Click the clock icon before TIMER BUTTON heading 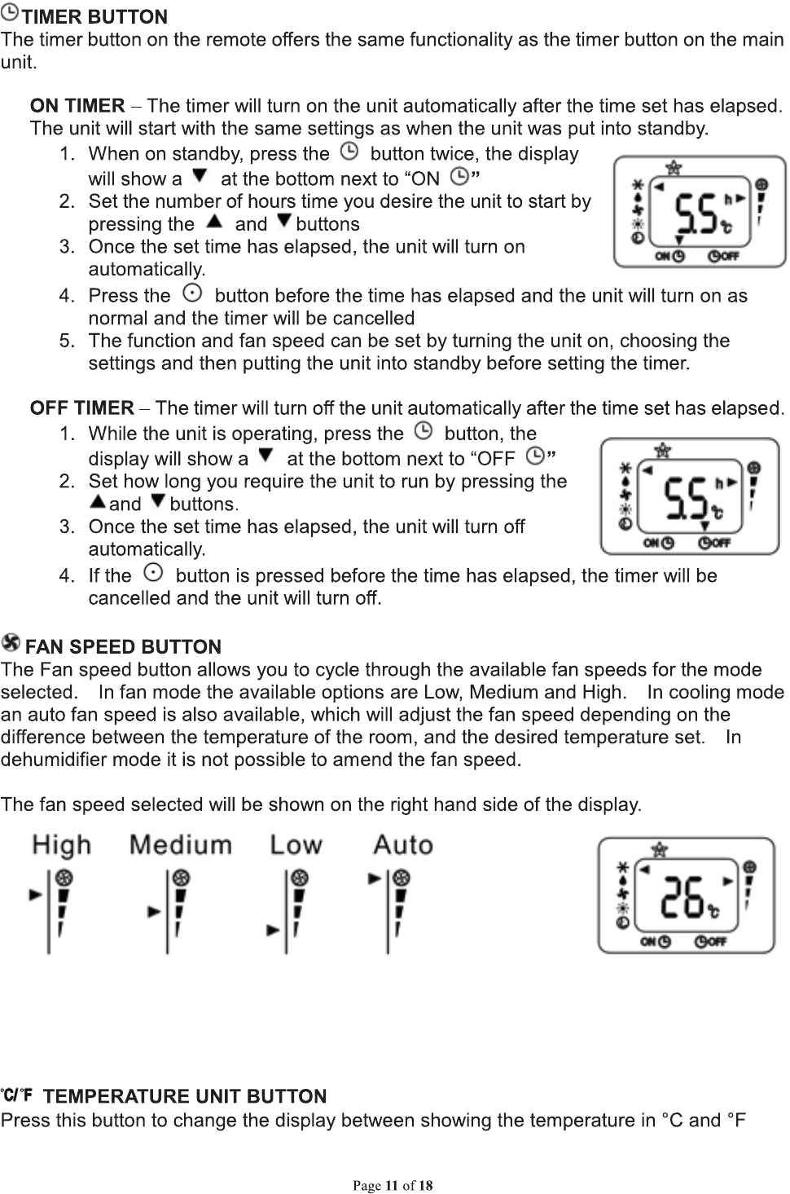click(x=11, y=15)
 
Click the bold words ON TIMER click(x=77, y=106)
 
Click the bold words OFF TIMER click(x=81, y=408)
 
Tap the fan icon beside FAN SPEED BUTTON click(x=11, y=644)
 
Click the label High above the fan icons click(x=62, y=845)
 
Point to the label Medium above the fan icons click(x=181, y=845)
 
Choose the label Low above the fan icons click(x=296, y=845)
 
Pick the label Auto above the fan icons click(x=402, y=845)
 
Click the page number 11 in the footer click(x=392, y=1185)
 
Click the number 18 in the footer click(x=426, y=1185)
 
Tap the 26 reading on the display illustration click(x=682, y=897)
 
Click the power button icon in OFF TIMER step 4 click(x=151, y=573)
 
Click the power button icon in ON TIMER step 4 click(x=191, y=293)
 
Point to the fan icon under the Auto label click(x=401, y=879)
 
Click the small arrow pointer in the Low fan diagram click(x=274, y=929)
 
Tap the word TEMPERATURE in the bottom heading click(x=109, y=1096)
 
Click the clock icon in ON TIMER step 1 click(x=349, y=152)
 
